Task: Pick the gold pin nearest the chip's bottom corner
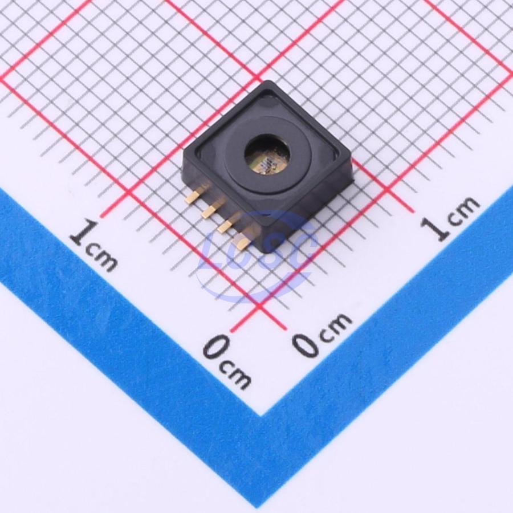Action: point(243,241)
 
